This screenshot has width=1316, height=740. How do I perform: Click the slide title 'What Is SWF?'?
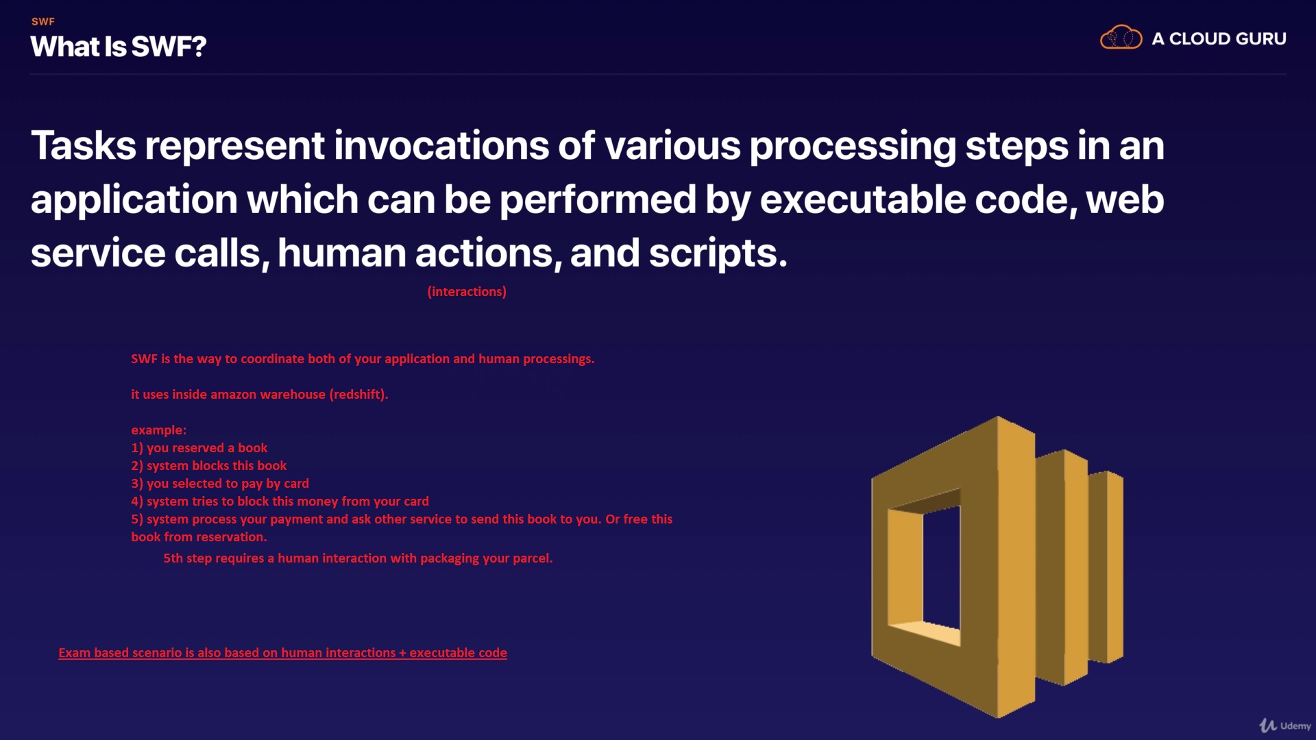click(x=119, y=47)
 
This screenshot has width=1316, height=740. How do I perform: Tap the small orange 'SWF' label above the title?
click(x=43, y=21)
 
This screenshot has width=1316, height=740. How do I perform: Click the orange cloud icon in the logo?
click(x=1121, y=37)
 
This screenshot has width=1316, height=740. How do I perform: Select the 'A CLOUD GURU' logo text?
click(x=1219, y=39)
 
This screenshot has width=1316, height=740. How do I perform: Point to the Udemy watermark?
click(x=1285, y=725)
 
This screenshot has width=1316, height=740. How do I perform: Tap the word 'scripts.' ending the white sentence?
click(x=718, y=254)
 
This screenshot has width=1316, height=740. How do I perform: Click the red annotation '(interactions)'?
click(x=467, y=291)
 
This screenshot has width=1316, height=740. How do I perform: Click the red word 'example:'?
click(x=159, y=430)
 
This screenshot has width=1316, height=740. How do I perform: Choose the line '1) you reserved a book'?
click(x=199, y=447)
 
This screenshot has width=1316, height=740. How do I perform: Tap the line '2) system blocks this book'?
click(x=209, y=465)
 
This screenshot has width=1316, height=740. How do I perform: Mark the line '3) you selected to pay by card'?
click(x=220, y=483)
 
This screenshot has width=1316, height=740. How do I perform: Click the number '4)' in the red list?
click(x=137, y=501)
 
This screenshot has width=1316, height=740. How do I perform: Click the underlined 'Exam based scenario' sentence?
click(x=283, y=653)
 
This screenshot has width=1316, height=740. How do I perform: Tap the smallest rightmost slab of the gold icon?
click(x=1107, y=567)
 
